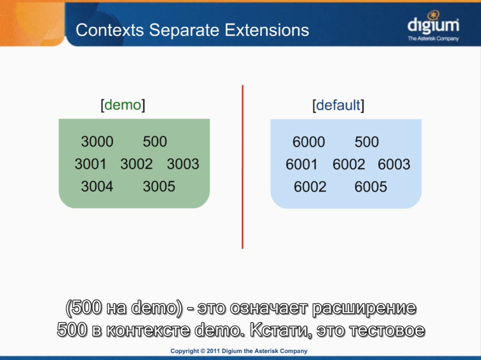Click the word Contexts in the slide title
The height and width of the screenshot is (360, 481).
point(110,30)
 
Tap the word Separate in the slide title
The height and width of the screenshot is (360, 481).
point(184,30)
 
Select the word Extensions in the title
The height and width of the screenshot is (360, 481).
point(267,30)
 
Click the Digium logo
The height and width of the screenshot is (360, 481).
point(433,26)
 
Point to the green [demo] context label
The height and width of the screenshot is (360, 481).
point(123,105)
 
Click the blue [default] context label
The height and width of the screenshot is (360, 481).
point(338,105)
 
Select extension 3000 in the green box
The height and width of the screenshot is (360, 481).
point(97,141)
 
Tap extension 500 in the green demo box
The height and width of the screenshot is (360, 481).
point(155,141)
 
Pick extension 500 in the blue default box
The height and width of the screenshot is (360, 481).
point(367,142)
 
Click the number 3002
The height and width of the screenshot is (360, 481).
point(137,164)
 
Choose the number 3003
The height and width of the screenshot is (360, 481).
point(183,164)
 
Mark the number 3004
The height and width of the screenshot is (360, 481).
point(97,186)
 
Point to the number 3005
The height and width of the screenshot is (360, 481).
point(159,186)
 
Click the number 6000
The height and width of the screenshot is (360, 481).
point(309,142)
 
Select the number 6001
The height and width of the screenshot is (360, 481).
point(302,164)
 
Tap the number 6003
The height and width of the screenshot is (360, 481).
point(394,164)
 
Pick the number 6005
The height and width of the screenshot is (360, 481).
point(371,187)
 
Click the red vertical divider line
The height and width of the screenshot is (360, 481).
point(243,167)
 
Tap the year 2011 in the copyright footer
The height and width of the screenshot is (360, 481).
point(213,351)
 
